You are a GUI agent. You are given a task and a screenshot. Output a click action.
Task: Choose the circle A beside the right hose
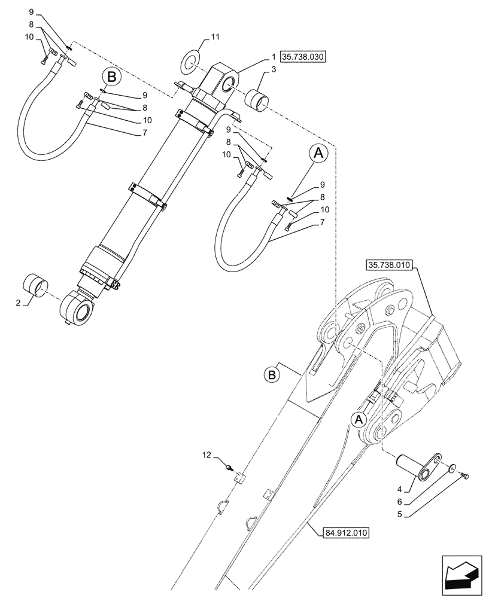coord(318,154)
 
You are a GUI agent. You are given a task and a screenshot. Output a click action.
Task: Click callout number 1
coord(272,57)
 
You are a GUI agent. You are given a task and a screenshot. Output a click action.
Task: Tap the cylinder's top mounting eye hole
coord(229,88)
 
